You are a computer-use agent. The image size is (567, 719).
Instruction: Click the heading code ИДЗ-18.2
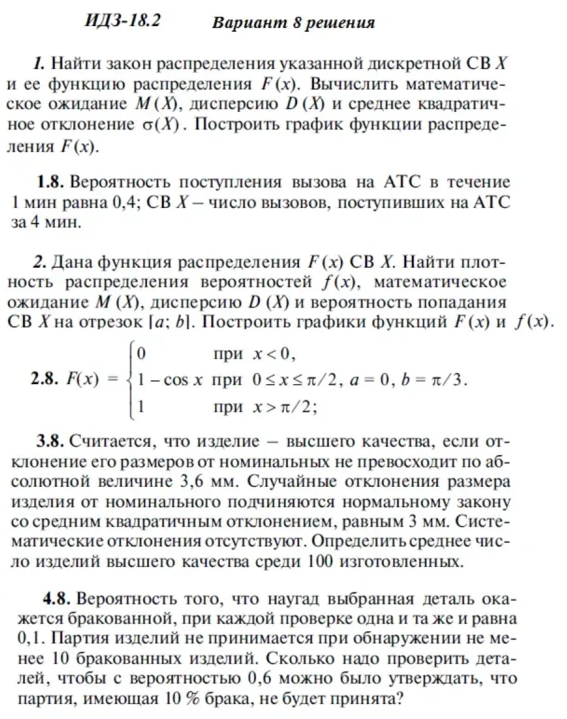coord(122,21)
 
